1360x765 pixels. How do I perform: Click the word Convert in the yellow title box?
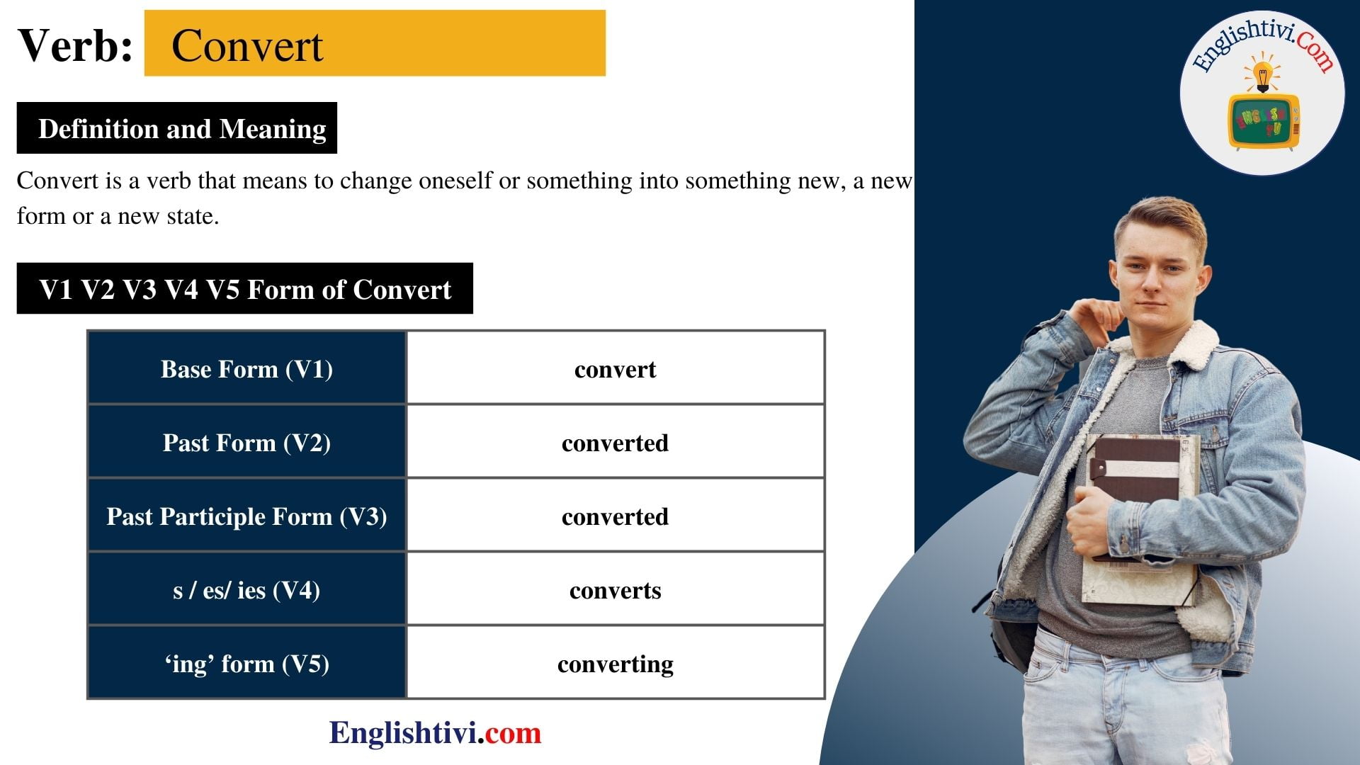tap(247, 46)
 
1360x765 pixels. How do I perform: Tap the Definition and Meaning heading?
tap(182, 129)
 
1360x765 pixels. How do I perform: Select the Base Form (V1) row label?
tap(246, 369)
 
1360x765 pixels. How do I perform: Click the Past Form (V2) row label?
tap(246, 443)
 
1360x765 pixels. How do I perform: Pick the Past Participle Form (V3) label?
tap(246, 516)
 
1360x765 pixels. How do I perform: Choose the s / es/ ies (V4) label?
tap(246, 590)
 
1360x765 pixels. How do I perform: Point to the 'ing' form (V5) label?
tap(246, 664)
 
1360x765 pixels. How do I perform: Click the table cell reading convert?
tap(615, 369)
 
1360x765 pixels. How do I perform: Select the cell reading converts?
tap(615, 590)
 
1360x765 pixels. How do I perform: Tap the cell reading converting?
tap(615, 664)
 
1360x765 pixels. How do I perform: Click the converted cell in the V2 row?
tap(615, 443)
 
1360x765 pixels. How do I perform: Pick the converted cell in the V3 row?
tap(615, 516)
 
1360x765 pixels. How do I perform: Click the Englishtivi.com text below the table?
tap(435, 732)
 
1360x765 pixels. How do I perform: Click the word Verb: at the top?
tap(75, 46)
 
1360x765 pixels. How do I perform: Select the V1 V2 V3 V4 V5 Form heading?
tap(244, 289)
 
